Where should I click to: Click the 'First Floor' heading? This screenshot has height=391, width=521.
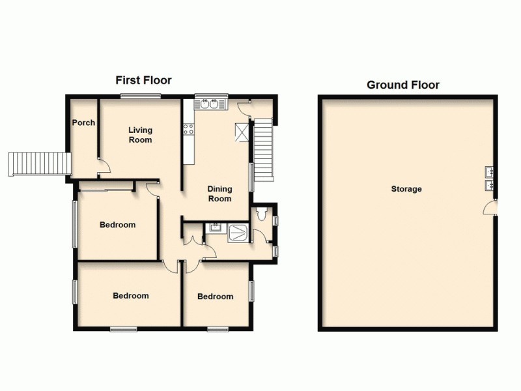[143, 81]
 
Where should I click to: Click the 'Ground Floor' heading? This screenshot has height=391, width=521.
[402, 85]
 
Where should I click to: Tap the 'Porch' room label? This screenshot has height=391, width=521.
[83, 123]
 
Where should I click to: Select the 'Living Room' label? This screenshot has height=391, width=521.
[140, 135]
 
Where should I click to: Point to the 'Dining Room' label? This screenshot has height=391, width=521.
[219, 194]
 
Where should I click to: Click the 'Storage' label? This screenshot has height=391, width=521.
[406, 189]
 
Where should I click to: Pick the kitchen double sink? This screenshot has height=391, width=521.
[210, 104]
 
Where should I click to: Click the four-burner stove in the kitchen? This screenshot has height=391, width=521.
[189, 129]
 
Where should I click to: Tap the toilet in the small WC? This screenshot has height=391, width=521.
[261, 213]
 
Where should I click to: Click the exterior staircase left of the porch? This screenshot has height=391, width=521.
[38, 163]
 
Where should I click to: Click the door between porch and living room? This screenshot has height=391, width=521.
[103, 167]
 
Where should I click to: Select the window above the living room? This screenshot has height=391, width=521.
[140, 96]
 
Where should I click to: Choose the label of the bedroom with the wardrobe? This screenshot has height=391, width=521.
[117, 225]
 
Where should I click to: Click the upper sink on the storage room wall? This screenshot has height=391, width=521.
[489, 173]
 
